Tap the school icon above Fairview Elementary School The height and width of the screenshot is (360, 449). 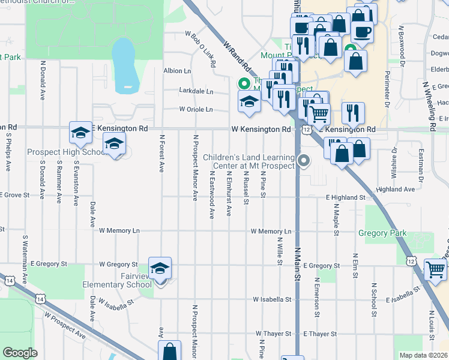tap(160, 268)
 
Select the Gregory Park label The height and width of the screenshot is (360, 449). tap(382, 233)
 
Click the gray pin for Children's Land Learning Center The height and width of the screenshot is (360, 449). tap(304, 160)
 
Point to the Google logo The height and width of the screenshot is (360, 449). tap(20, 353)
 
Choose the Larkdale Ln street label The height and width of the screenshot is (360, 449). tap(196, 91)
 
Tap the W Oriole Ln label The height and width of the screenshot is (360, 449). tap(196, 110)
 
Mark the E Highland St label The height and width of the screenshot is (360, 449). tap(345, 197)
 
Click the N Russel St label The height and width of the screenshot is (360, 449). tap(246, 188)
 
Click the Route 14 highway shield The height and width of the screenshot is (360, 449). tap(8, 280)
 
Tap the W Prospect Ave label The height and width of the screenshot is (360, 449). tap(64, 324)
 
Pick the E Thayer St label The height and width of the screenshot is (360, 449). tap(320, 334)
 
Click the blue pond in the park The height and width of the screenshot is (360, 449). tap(124, 63)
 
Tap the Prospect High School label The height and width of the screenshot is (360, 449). tap(66, 152)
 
